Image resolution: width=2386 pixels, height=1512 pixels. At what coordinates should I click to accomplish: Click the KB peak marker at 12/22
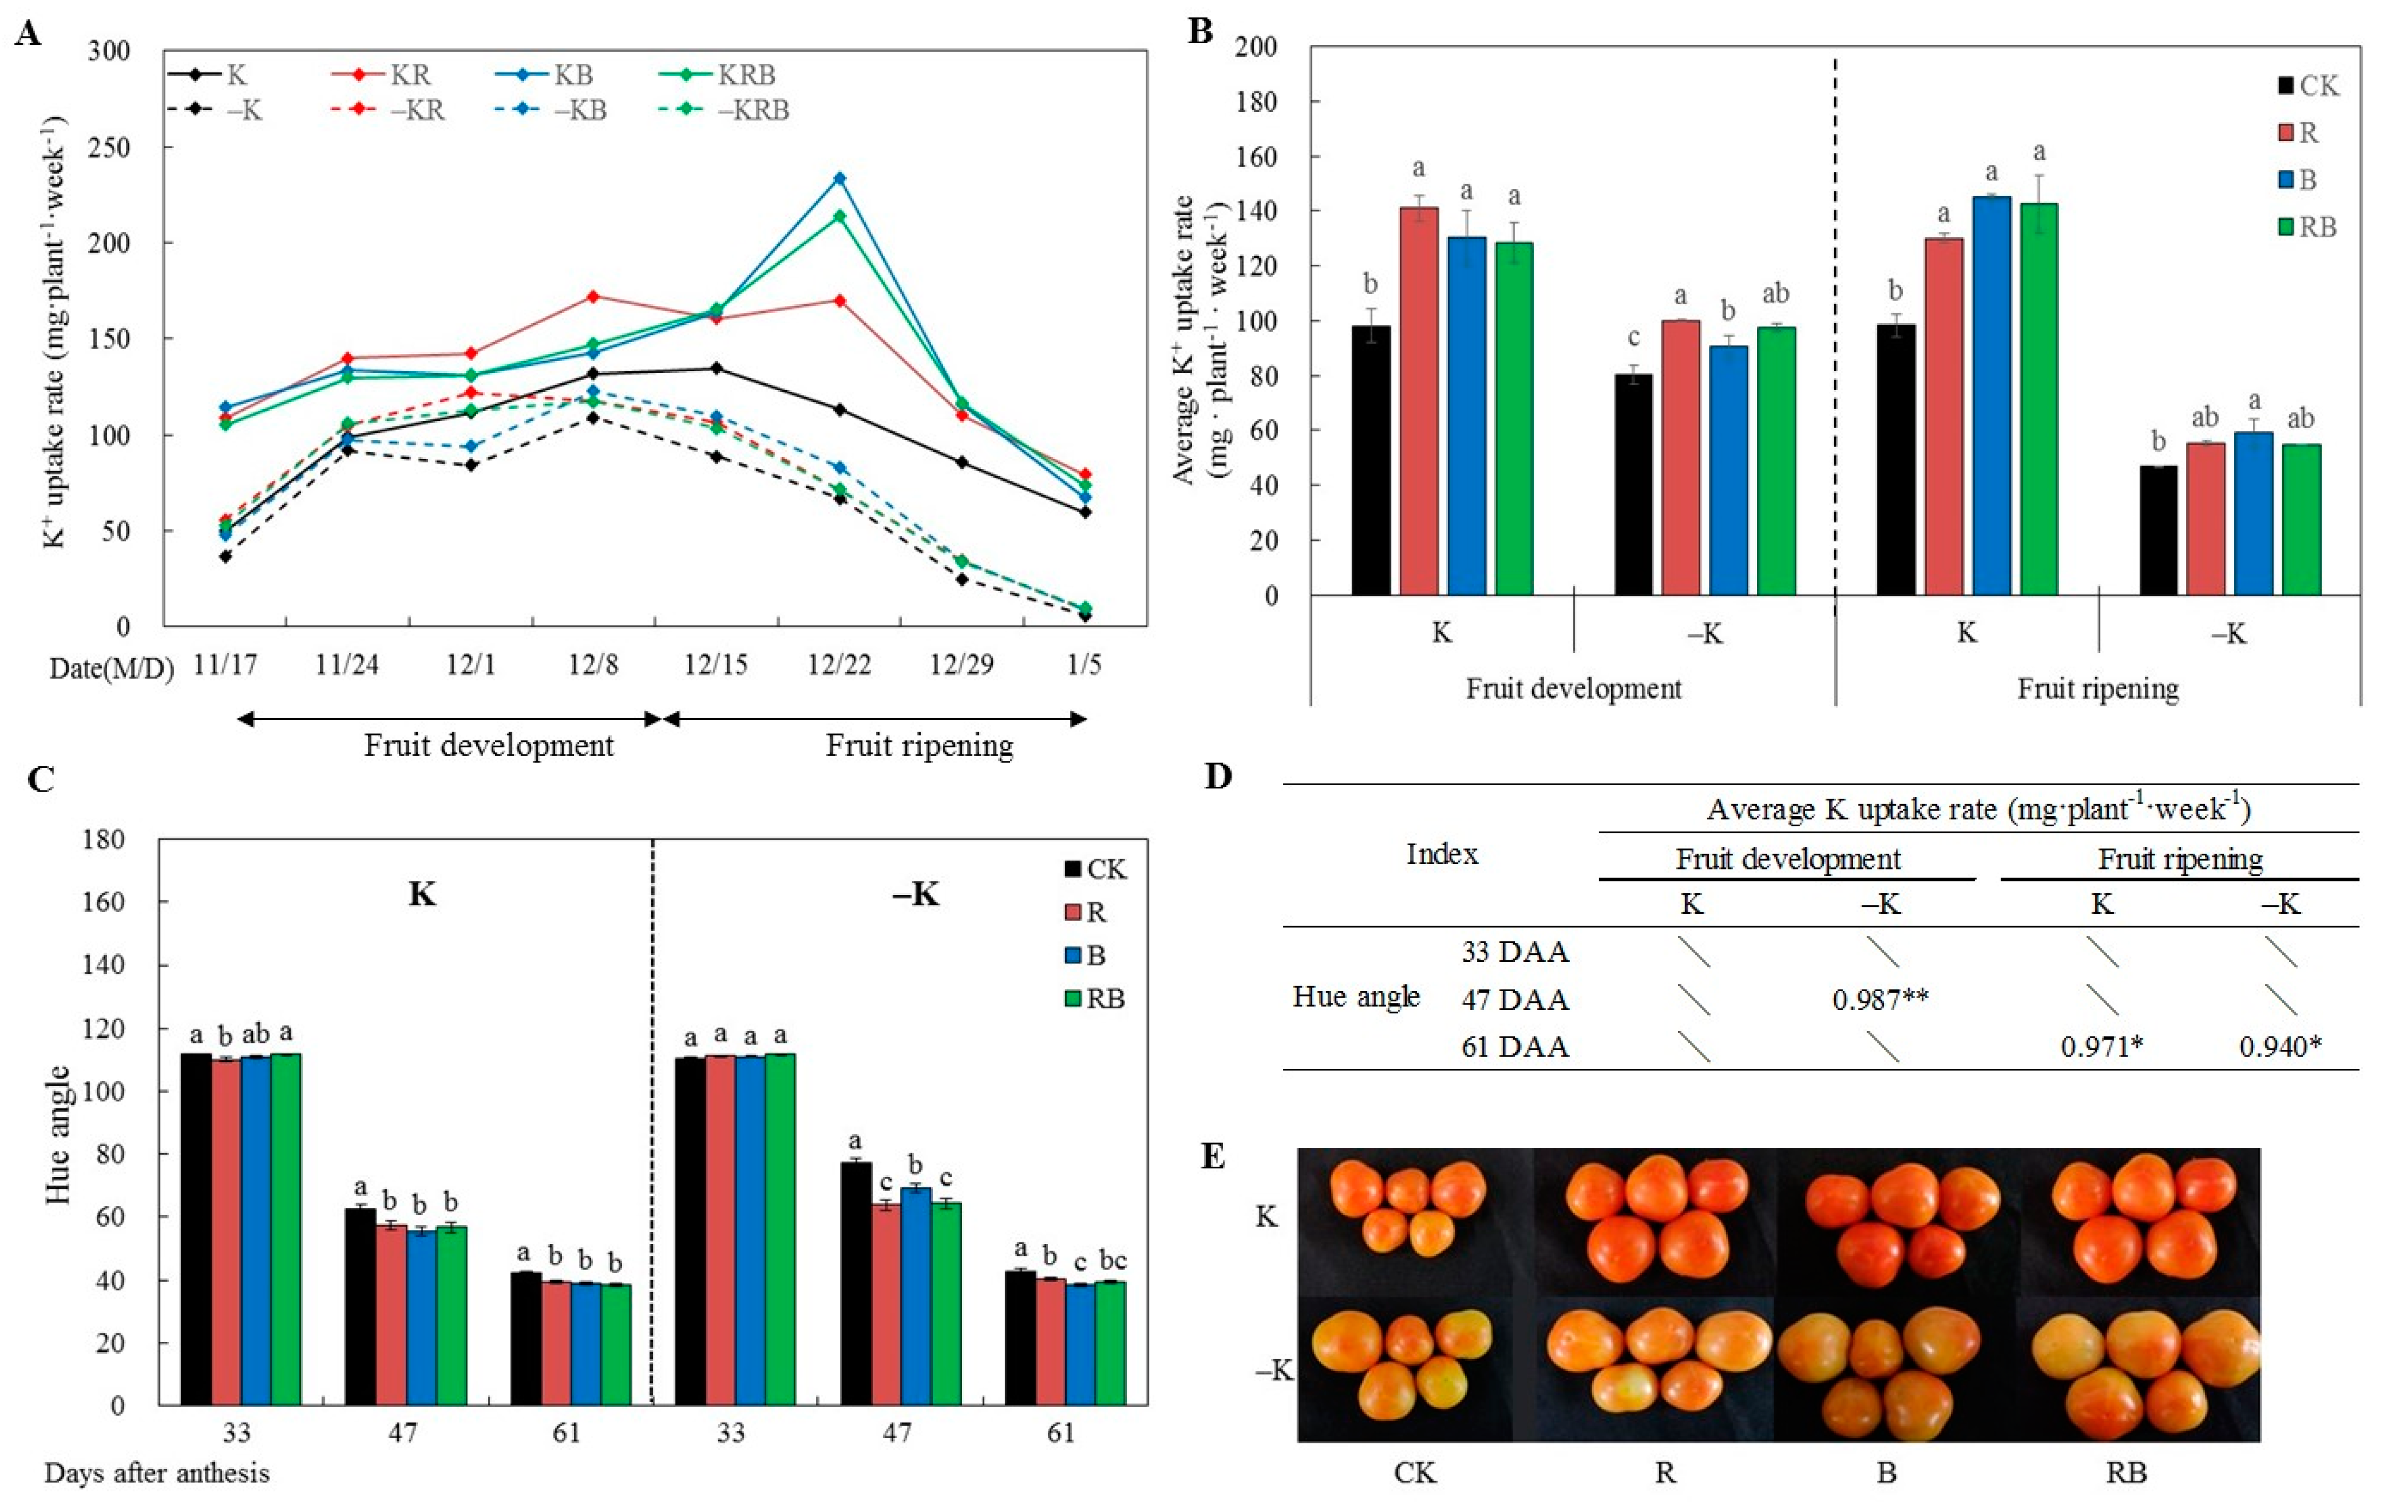(839, 178)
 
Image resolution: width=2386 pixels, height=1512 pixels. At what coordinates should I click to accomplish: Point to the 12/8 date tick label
(592, 664)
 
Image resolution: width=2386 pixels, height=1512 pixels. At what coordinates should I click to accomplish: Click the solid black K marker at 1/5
(1085, 512)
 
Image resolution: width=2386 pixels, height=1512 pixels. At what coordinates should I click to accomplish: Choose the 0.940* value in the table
(2280, 1046)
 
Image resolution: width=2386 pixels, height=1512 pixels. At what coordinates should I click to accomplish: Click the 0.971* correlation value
(2102, 1046)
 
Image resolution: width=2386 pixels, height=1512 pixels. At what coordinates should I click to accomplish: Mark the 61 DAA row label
(1515, 1046)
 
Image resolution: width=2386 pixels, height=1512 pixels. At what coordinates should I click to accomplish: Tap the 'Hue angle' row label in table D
(1355, 997)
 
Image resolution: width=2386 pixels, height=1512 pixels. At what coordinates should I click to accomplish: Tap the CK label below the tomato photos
(1414, 1473)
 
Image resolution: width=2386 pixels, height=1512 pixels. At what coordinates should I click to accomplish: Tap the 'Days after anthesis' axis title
(157, 1473)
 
